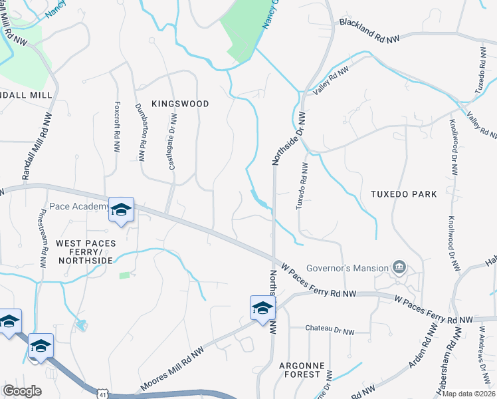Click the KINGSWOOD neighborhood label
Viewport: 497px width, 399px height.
(180, 104)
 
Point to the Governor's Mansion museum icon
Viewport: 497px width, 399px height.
(399, 267)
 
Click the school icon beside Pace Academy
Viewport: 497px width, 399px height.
(121, 209)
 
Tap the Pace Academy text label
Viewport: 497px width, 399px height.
(78, 207)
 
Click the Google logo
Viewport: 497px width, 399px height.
(22, 391)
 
